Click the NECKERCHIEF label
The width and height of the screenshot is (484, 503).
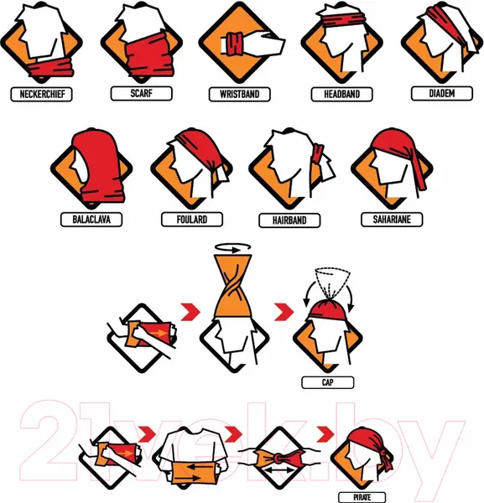(x=41, y=94)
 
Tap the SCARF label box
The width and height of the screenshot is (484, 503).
(x=141, y=94)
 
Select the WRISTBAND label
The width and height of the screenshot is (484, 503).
(x=239, y=94)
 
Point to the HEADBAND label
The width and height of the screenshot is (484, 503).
(x=341, y=94)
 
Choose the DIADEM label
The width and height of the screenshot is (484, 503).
(x=442, y=93)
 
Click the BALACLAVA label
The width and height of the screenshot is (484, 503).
(x=91, y=220)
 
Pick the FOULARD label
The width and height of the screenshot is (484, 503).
(x=192, y=220)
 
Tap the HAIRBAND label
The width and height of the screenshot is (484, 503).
(x=289, y=220)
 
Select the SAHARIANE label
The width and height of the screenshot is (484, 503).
(x=392, y=220)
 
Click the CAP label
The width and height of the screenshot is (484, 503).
(x=328, y=382)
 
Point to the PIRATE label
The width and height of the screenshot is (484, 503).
(x=362, y=497)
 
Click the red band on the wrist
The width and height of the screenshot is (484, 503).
(x=235, y=44)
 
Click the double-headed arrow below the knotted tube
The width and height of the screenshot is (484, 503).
(x=280, y=471)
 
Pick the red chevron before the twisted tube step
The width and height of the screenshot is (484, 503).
(x=190, y=312)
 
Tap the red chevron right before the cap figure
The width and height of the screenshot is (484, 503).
(x=284, y=312)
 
